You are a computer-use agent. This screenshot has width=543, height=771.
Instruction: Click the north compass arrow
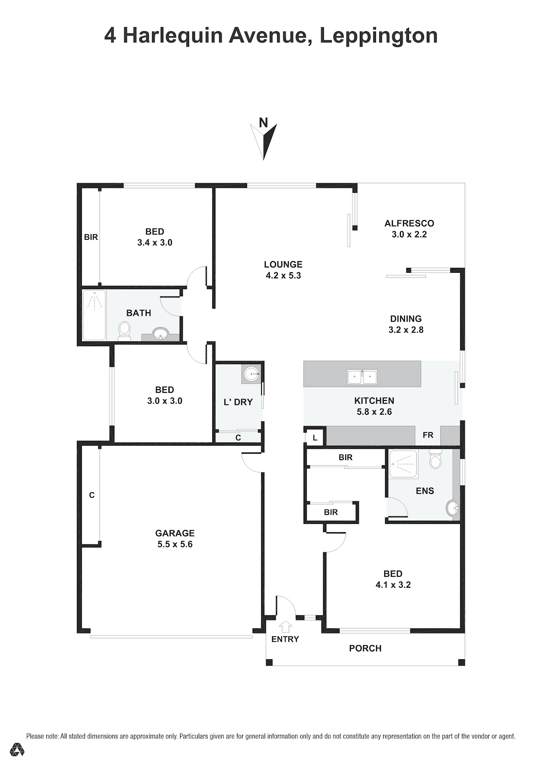tap(263, 142)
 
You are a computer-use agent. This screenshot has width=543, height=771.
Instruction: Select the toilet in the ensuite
tap(435, 459)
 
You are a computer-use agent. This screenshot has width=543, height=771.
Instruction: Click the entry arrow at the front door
tap(286, 627)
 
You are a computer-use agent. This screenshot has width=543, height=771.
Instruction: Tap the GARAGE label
tap(175, 533)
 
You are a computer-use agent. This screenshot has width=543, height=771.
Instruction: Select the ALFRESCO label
tap(409, 224)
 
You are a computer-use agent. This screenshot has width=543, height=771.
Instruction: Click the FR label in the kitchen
tap(428, 435)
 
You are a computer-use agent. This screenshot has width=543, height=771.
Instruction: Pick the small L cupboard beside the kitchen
tap(314, 438)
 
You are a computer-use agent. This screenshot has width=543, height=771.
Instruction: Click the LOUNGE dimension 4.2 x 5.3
tap(283, 276)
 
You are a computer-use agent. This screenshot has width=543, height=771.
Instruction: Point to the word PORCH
tap(365, 648)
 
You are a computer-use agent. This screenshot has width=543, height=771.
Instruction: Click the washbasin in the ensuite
tap(452, 508)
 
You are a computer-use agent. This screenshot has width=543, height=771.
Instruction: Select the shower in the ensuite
tap(404, 464)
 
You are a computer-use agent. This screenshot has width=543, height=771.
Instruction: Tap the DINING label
tap(405, 319)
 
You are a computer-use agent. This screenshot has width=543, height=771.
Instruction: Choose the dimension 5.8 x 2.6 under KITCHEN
tap(374, 412)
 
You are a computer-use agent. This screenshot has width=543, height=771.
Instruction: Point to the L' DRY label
tap(238, 402)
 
